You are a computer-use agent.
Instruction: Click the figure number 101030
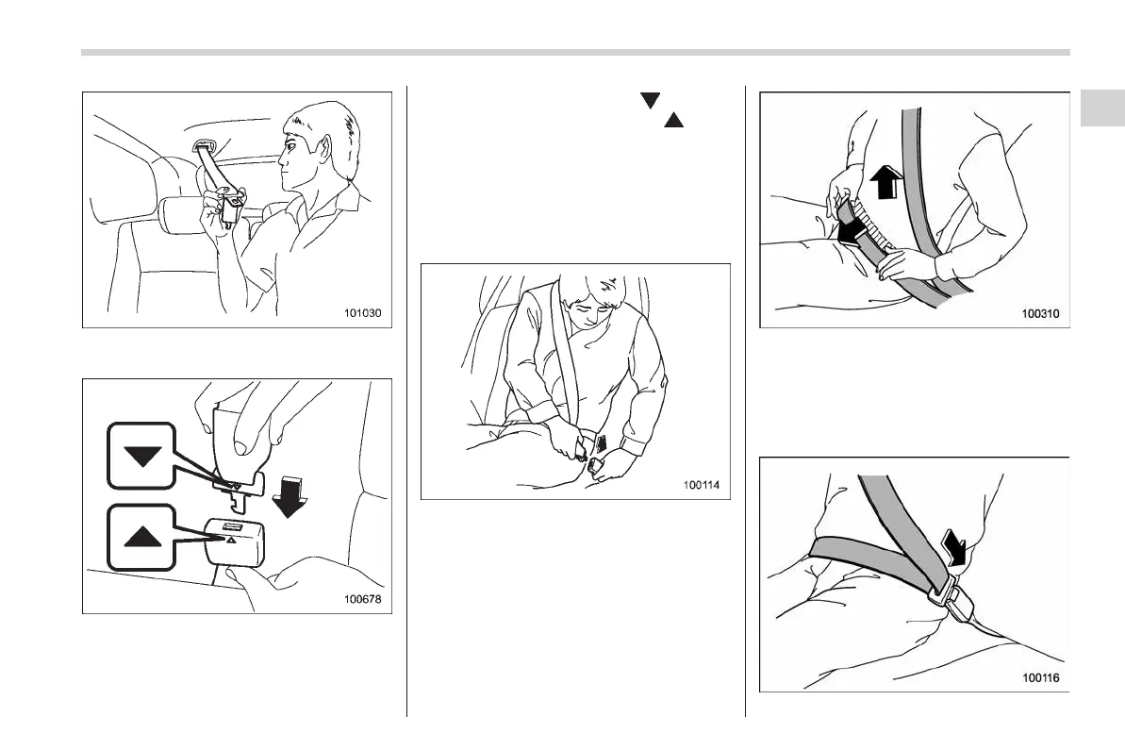(x=362, y=313)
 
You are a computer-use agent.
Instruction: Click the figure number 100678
(x=362, y=599)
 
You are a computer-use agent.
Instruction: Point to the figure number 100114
(x=701, y=485)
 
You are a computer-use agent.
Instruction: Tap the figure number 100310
(x=1040, y=313)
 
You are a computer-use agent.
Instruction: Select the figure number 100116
(x=1040, y=677)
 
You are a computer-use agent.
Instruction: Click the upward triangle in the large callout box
(x=142, y=536)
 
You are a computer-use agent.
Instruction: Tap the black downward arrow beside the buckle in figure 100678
(x=290, y=496)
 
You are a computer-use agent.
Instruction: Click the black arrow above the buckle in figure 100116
(x=955, y=548)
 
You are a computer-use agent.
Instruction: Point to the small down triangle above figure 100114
(x=650, y=101)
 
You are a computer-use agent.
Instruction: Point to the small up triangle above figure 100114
(x=673, y=120)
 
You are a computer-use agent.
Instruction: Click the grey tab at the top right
(x=1102, y=108)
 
